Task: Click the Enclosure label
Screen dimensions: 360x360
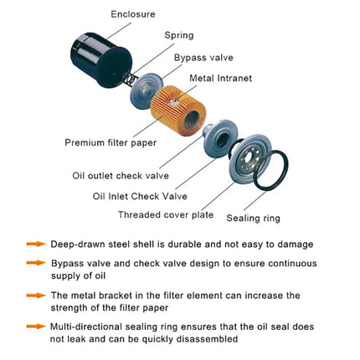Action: [x=133, y=14]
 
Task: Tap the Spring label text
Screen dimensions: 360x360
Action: [x=179, y=35]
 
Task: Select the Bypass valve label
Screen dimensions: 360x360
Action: [x=203, y=58]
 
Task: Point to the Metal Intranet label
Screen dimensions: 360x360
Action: [x=220, y=78]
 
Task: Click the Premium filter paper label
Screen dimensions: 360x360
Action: [x=111, y=143]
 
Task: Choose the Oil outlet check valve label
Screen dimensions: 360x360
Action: [x=121, y=176]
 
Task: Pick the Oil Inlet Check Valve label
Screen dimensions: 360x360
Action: [x=140, y=196]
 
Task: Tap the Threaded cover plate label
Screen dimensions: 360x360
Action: [x=166, y=215]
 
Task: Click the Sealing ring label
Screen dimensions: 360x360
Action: [x=253, y=219]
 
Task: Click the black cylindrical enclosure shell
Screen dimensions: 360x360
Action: [x=100, y=59]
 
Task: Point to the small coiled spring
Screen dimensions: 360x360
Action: [x=130, y=79]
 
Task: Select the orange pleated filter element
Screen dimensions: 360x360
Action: [x=178, y=111]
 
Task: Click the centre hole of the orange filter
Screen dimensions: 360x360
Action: [x=192, y=120]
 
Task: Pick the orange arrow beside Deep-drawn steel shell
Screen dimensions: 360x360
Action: [x=36, y=244]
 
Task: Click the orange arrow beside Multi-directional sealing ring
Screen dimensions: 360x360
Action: [x=36, y=326]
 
